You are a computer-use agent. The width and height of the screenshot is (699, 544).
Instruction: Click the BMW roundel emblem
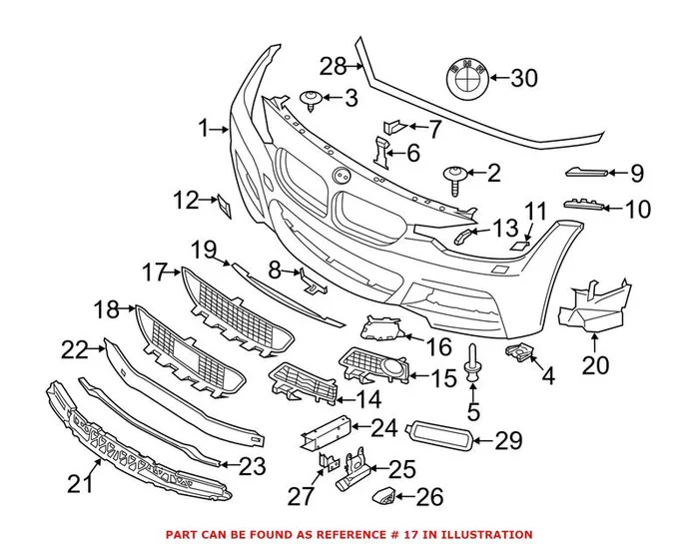[x=463, y=77]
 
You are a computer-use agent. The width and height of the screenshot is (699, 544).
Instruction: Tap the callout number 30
[x=523, y=78]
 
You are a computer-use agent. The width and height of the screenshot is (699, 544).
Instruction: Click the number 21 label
[x=80, y=484]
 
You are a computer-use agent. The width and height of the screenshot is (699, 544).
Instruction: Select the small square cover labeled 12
[x=224, y=207]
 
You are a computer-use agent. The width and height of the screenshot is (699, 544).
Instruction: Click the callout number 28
[x=333, y=67]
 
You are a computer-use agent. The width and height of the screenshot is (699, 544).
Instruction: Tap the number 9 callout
[x=638, y=174]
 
